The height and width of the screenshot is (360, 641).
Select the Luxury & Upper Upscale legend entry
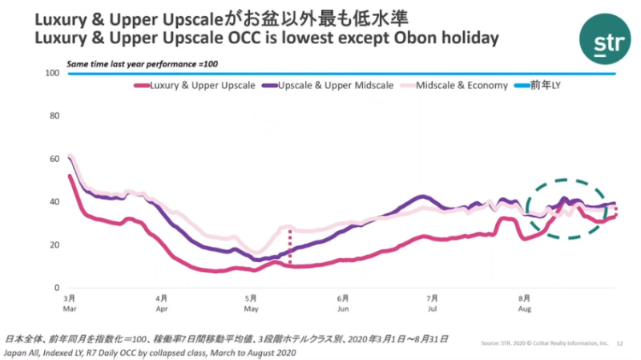(201, 86)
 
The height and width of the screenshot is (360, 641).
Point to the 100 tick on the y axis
(54, 73)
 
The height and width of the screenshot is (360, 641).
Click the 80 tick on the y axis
(55, 115)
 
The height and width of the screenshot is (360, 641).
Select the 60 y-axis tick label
(55, 159)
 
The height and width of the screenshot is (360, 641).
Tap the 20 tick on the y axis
(55, 245)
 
